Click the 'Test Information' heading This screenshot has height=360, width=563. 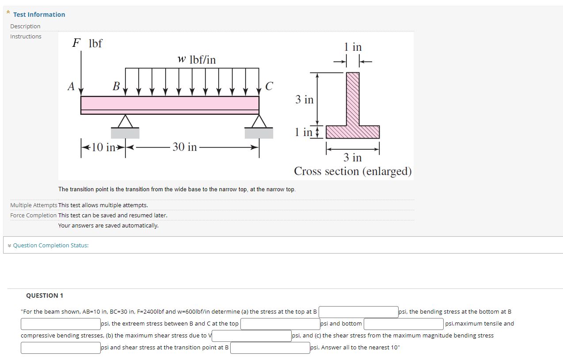[39, 15]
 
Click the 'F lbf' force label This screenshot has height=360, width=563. [87, 43]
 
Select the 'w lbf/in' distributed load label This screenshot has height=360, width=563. [196, 59]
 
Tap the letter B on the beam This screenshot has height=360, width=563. [116, 86]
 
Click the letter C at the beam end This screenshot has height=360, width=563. [269, 87]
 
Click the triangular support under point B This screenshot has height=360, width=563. [125, 121]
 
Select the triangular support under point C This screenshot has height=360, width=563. [259, 121]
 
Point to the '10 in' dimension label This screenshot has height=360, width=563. [103, 147]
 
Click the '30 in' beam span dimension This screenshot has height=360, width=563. [185, 147]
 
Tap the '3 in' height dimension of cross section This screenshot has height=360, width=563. [304, 100]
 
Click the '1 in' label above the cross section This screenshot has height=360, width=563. [353, 47]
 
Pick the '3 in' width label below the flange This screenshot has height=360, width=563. [353, 157]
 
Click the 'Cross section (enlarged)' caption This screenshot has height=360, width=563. [353, 171]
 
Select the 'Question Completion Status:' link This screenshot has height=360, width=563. [50, 245]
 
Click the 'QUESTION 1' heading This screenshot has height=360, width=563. [45, 296]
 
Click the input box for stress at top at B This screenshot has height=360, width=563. [358, 312]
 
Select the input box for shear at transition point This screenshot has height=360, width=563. [270, 348]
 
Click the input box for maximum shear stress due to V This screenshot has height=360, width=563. [251, 336]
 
